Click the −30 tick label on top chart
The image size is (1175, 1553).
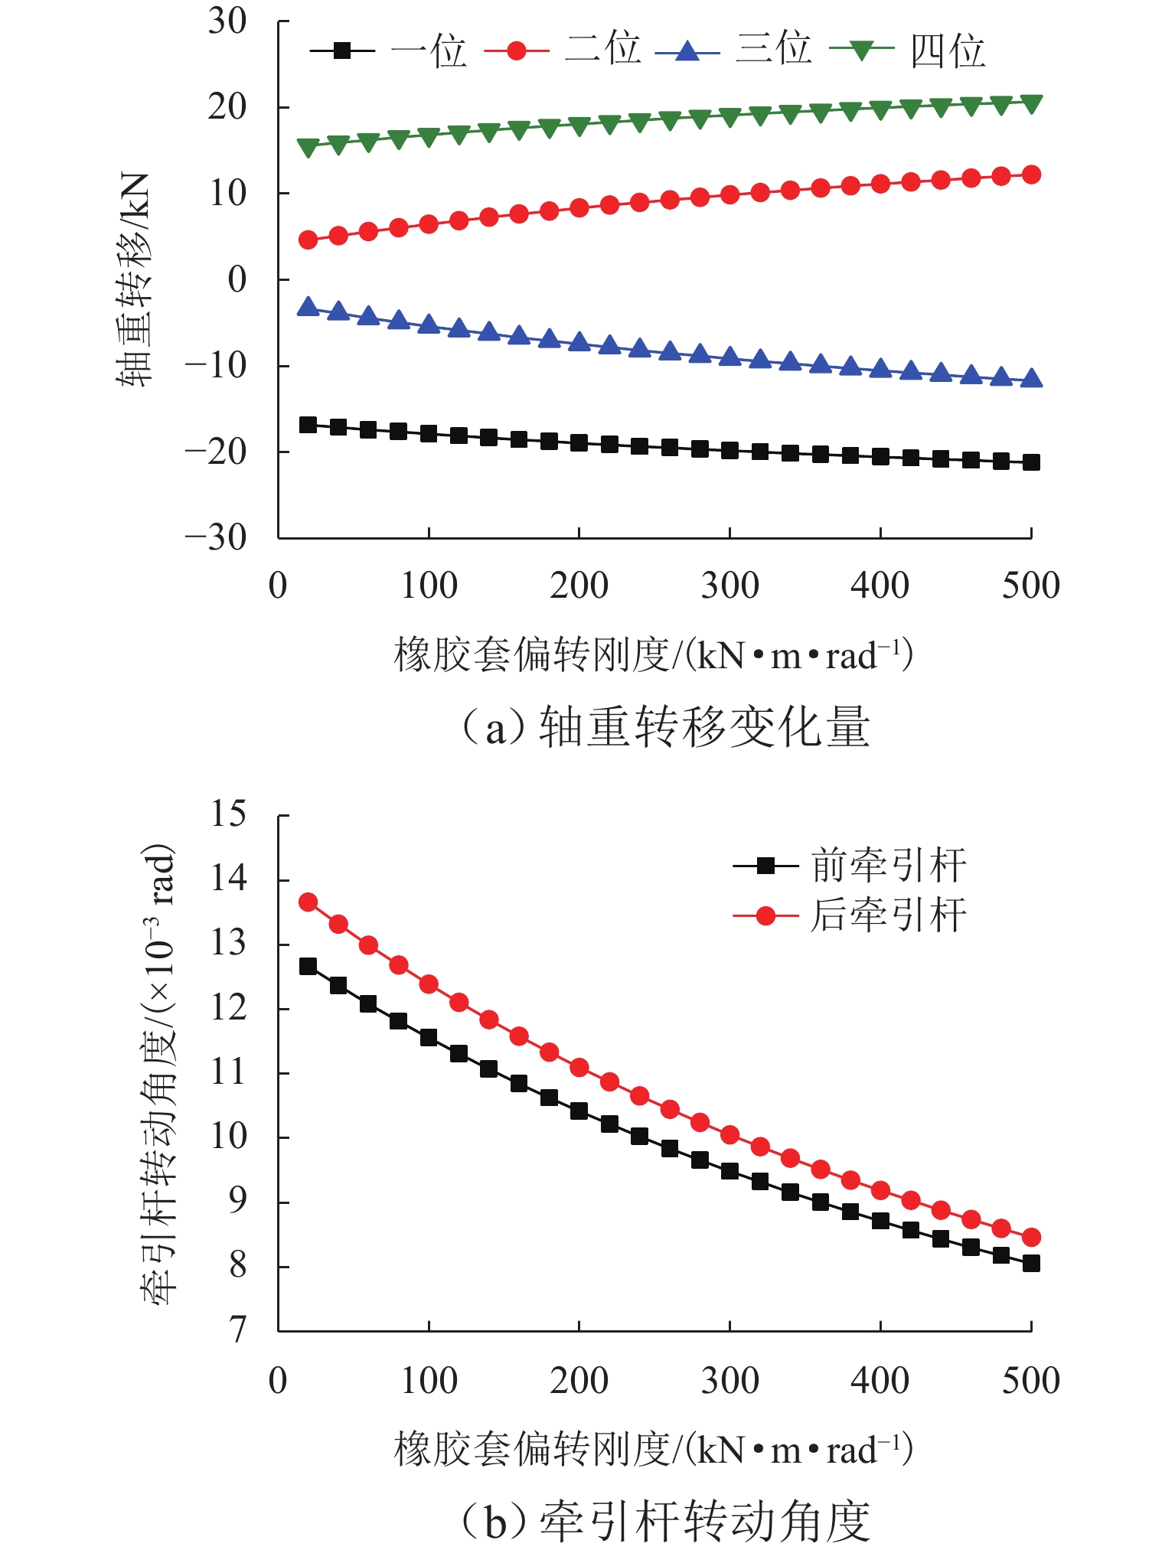coord(217,537)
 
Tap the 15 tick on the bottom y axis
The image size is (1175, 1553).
coord(228,814)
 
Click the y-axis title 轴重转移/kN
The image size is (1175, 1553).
coord(135,279)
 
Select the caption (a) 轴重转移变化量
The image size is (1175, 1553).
coord(664,726)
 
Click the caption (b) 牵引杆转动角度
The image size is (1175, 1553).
coord(664,1521)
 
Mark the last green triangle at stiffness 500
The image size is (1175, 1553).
coord(1031,103)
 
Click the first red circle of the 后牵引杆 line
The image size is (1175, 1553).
coord(308,902)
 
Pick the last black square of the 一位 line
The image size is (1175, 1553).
coord(1031,462)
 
